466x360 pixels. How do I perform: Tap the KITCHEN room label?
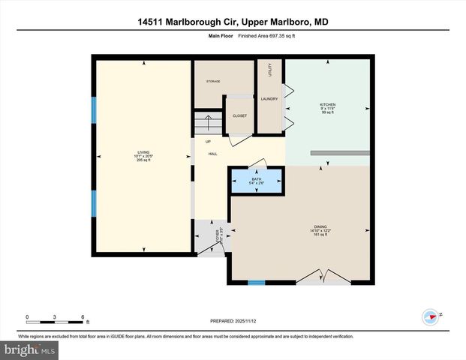327,105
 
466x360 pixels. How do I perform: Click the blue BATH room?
257,181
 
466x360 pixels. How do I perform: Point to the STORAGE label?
213,81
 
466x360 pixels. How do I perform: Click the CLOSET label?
239,115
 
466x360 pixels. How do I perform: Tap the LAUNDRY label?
269,98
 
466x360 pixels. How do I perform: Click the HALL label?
212,153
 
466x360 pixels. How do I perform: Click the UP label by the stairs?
208,142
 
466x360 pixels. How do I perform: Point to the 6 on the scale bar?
83,317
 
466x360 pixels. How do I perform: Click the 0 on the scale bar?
27,317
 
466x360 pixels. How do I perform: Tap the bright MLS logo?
30,350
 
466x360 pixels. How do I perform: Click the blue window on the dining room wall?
257,283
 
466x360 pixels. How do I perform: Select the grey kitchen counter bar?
341,153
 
